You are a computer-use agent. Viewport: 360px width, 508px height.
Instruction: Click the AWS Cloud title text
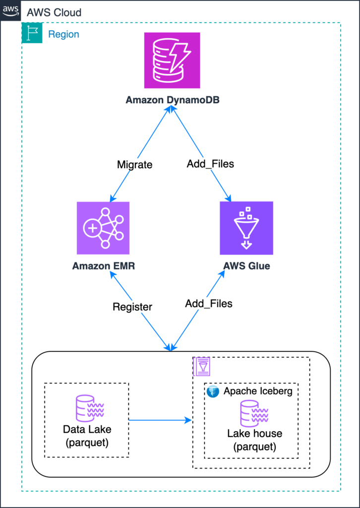point(54,12)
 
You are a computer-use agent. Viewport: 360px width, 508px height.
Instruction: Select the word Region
point(63,35)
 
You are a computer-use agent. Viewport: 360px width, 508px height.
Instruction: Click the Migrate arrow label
point(134,164)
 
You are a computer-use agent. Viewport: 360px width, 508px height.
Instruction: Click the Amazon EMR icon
point(103,228)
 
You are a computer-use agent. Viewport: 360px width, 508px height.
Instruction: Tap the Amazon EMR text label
point(103,266)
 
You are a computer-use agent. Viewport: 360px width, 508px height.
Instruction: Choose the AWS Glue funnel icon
point(246,228)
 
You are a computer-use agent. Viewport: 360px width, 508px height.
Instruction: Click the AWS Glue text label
point(246,266)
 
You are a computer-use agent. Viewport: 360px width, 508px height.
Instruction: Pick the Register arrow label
point(132,307)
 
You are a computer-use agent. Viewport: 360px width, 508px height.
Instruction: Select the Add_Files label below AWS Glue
point(208,303)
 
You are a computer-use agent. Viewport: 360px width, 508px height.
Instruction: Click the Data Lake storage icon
point(87,409)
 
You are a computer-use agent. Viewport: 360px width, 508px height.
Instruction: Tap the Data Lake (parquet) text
point(87,435)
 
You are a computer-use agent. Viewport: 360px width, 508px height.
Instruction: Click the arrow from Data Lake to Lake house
point(161,420)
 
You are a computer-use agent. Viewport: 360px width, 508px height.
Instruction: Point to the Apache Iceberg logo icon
point(213,391)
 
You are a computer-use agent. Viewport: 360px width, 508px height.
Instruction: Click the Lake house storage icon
point(254,413)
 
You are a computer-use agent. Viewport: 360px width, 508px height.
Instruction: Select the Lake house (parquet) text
point(254,440)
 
